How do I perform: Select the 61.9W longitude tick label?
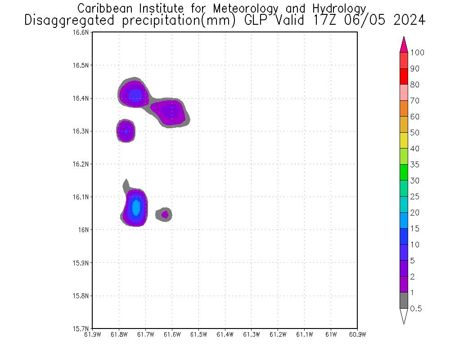tap(92, 334)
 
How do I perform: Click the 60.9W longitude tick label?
tap(357, 334)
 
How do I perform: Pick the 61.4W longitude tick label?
tap(225, 334)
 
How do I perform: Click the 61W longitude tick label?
tap(331, 334)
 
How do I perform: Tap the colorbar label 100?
tap(417, 53)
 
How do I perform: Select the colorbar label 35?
tap(414, 165)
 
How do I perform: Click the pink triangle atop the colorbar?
tap(404, 45)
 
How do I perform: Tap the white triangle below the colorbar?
tap(404, 315)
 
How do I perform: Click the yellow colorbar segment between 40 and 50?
tap(404, 140)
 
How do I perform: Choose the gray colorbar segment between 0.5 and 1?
tap(404, 301)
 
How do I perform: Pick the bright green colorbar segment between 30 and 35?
tap(404, 172)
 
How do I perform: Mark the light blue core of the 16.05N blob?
tap(136, 207)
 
